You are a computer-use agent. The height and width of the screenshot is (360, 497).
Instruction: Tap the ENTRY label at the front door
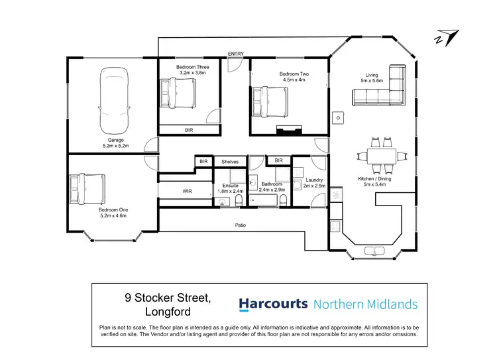pos(235,54)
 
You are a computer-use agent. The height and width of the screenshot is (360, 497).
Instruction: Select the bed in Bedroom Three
pos(178,93)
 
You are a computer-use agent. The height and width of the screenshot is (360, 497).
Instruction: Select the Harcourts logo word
pos(273,304)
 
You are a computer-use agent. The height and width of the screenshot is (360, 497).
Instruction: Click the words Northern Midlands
pos(365,304)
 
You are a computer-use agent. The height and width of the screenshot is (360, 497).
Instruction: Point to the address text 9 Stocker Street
pos(169,299)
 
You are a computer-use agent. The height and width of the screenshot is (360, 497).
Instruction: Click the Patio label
pos(240,226)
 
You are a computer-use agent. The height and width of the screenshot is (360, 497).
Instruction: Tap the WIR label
pos(188,192)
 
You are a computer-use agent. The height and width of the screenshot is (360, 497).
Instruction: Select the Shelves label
pos(230,161)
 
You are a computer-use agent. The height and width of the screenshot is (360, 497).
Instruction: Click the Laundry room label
pos(314,180)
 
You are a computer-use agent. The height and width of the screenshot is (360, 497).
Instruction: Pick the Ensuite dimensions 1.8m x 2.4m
pos(231,191)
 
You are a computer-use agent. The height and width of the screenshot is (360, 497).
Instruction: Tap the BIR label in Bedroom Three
pos(190,131)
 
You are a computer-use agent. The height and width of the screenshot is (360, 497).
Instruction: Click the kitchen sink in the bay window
pos(376,250)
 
